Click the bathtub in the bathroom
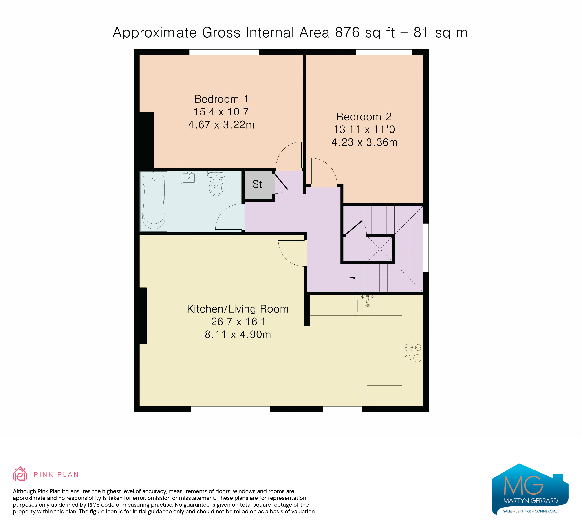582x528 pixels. click(154, 202)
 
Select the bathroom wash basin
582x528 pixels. click(189, 177)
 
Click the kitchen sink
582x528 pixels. click(367, 305)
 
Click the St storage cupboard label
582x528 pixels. click(257, 184)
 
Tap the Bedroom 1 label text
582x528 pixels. click(221, 99)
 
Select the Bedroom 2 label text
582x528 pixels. click(364, 117)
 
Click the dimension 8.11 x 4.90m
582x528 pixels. click(238, 335)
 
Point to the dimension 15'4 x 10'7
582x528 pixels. click(221, 112)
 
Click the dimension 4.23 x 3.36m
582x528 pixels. click(364, 142)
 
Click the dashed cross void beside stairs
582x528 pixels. click(380, 249)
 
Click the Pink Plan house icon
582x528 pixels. click(20, 474)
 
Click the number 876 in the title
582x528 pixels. click(347, 32)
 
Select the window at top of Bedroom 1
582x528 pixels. click(224, 53)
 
